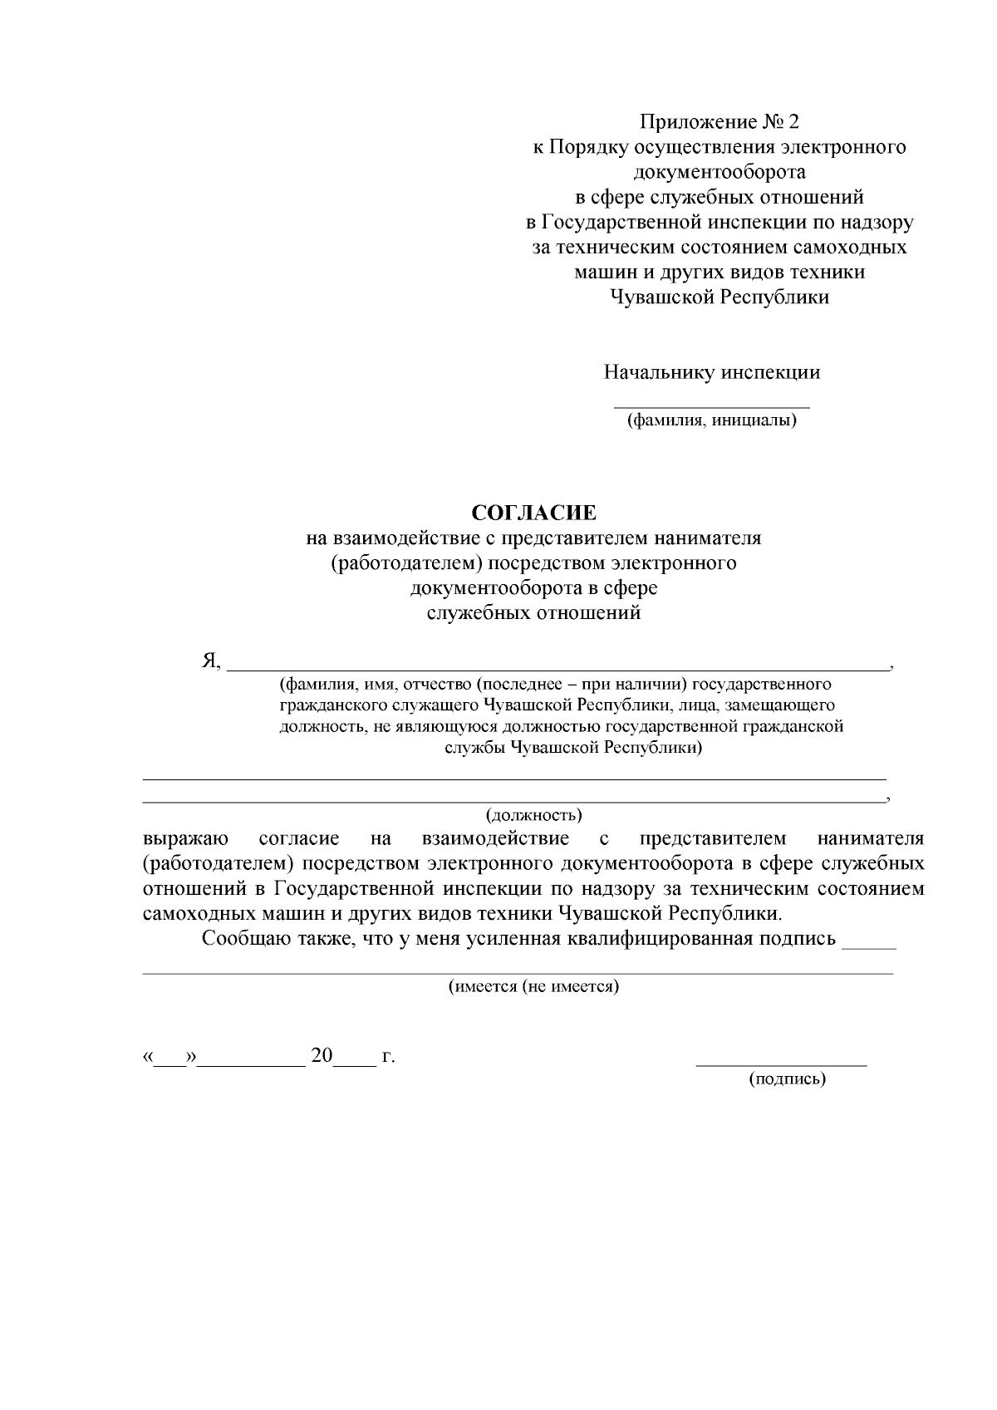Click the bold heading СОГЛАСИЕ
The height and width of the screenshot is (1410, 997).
point(534,513)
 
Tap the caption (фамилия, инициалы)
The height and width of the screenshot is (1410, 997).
point(711,421)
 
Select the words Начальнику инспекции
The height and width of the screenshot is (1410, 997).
point(711,372)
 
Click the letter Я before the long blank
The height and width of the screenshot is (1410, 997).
point(209,661)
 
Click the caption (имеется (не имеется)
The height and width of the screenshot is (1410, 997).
point(534,987)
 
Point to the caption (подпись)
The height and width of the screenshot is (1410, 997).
point(787,1079)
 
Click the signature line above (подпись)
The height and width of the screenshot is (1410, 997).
point(781,1064)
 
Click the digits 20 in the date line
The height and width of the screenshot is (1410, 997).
point(322,1056)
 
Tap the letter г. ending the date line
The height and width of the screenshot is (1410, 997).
point(388,1058)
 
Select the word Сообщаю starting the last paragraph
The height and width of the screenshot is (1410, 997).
point(244,940)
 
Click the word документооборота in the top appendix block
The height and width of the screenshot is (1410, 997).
point(720,173)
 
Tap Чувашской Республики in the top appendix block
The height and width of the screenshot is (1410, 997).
point(720,297)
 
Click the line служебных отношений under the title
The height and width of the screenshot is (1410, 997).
point(534,614)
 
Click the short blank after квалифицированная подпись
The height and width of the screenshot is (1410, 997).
point(868,946)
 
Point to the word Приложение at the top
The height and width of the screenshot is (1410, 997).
point(696,123)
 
